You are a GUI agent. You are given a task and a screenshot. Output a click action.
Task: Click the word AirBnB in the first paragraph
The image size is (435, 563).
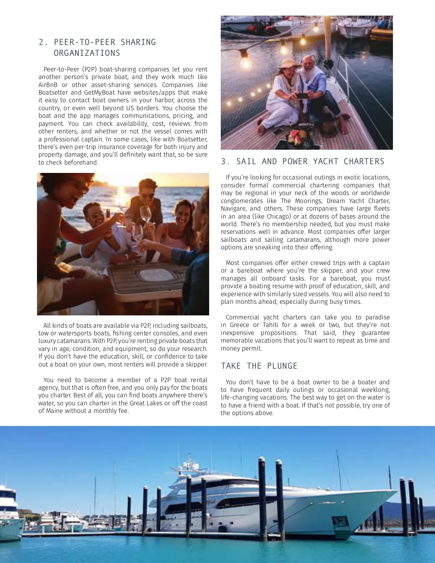click(48, 85)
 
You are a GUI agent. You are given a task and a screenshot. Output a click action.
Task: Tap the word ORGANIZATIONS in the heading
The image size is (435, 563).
click(87, 53)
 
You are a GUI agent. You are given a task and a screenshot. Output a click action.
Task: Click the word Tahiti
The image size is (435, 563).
click(268, 325)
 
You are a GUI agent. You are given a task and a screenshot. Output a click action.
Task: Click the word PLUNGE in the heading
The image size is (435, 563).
click(282, 366)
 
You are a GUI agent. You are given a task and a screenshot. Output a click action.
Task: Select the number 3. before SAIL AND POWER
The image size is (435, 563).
click(225, 162)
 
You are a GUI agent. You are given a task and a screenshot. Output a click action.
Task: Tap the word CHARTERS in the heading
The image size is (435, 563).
click(364, 162)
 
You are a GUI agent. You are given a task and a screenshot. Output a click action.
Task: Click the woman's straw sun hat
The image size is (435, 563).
click(289, 63)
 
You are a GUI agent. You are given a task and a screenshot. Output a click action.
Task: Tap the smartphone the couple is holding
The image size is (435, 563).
click(302, 96)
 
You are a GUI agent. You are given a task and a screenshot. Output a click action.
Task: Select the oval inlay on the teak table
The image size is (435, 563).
click(156, 275)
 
